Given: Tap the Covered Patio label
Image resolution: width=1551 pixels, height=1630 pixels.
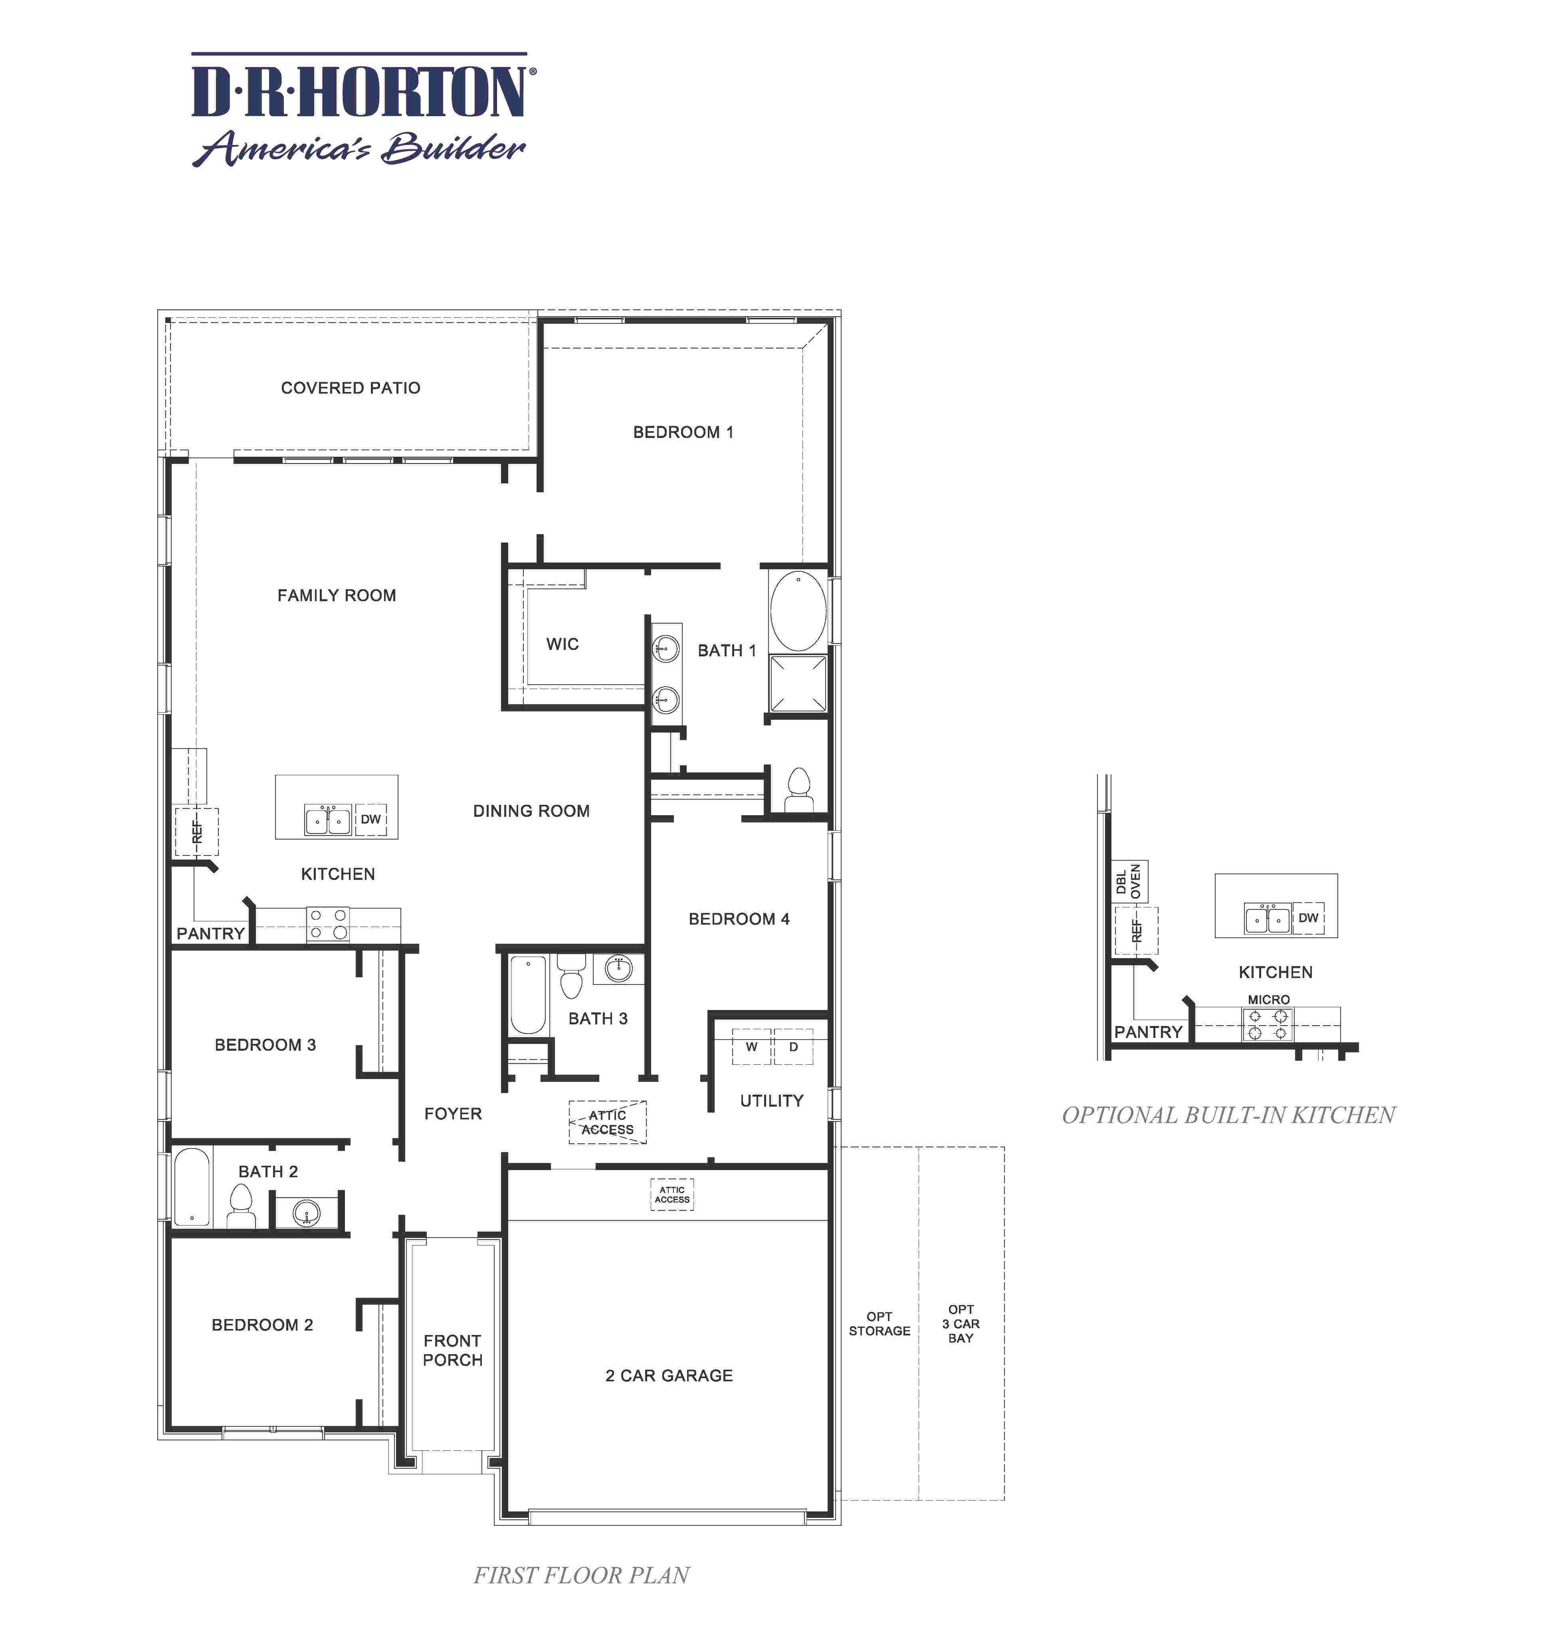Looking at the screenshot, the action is coord(351,388).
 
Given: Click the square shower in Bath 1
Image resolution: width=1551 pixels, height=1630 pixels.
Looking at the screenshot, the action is coord(798,683).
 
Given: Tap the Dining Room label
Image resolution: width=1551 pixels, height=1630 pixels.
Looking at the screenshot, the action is coord(532,811).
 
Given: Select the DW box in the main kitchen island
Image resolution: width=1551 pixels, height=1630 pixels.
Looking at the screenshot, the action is coord(370,819).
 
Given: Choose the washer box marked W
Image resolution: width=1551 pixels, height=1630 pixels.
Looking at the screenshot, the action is coord(751,1046).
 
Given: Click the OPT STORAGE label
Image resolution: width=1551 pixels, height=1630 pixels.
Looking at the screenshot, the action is coord(879,1323).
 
